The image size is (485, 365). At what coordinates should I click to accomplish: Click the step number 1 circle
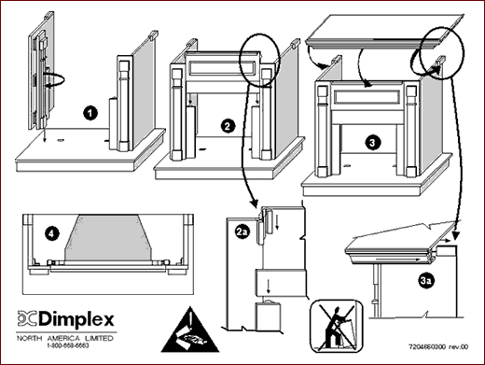(x=90, y=113)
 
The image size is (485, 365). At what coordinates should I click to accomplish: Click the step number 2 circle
(x=228, y=126)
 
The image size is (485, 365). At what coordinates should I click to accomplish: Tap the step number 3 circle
(x=372, y=143)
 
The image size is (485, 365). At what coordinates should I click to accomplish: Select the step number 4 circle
(x=52, y=233)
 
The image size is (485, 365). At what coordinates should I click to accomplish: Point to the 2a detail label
(x=242, y=232)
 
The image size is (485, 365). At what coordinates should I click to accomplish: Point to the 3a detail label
(x=426, y=281)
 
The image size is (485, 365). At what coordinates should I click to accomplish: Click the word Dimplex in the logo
(x=76, y=319)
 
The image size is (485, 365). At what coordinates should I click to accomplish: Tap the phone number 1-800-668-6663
(x=68, y=345)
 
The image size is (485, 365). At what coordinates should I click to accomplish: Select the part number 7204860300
(x=427, y=346)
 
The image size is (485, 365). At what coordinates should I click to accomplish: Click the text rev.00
(x=459, y=346)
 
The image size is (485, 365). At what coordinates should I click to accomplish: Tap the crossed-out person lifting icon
(x=337, y=326)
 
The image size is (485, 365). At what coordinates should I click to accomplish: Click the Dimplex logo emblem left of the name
(x=27, y=318)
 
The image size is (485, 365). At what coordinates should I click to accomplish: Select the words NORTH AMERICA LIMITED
(x=65, y=338)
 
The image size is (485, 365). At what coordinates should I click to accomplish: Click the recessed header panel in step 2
(x=222, y=68)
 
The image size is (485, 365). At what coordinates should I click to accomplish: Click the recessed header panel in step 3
(x=367, y=97)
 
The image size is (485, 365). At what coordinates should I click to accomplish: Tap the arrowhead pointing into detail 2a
(x=255, y=204)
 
